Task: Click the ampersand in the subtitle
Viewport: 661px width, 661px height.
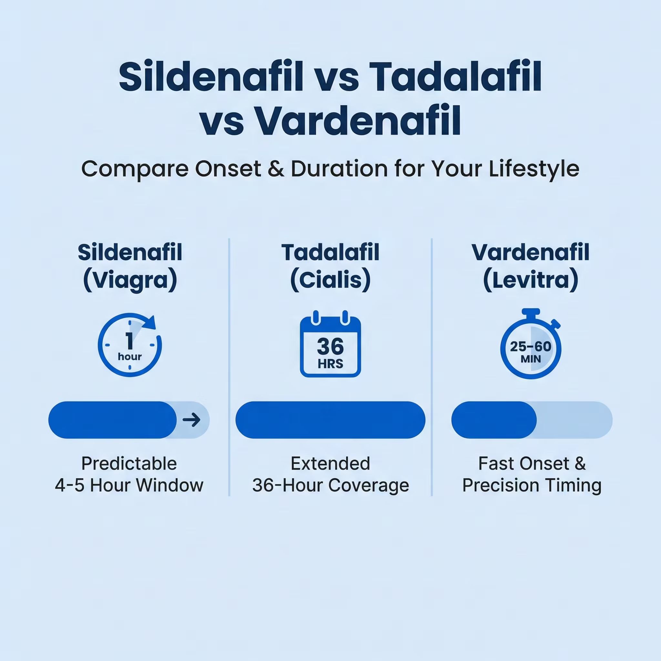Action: pyautogui.click(x=276, y=169)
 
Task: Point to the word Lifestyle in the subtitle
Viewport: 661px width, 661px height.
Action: pyautogui.click(x=534, y=169)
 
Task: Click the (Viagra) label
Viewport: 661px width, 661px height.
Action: pyautogui.click(x=130, y=280)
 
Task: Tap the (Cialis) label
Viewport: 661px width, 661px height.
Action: pyautogui.click(x=330, y=280)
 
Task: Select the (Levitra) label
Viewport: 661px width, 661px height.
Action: pyautogui.click(x=531, y=280)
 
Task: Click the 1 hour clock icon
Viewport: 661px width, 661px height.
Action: pyautogui.click(x=130, y=345)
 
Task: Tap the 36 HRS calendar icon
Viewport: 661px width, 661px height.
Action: pyautogui.click(x=330, y=345)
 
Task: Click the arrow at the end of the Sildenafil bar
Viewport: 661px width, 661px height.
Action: pyautogui.click(x=192, y=420)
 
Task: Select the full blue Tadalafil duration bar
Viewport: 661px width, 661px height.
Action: pyautogui.click(x=330, y=420)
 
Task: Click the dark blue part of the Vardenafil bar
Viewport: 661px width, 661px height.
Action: pyautogui.click(x=494, y=420)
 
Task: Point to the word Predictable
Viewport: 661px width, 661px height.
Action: pyautogui.click(x=129, y=463)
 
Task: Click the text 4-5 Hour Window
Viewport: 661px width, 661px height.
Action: pyautogui.click(x=129, y=485)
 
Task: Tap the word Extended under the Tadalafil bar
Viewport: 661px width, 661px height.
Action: pyautogui.click(x=330, y=463)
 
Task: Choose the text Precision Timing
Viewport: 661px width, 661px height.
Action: pyautogui.click(x=532, y=485)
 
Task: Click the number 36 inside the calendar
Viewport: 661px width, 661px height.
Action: pyautogui.click(x=330, y=346)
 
